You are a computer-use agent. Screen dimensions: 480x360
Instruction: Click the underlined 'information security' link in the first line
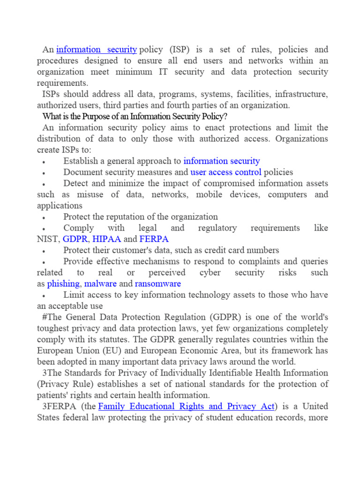coord(97,49)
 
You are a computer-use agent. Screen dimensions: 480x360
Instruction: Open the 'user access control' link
coord(226,172)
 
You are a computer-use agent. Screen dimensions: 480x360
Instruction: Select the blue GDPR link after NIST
coord(75,239)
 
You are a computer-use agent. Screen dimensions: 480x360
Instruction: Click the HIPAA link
coord(106,239)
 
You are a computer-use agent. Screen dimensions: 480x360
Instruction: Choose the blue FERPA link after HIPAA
coord(154,239)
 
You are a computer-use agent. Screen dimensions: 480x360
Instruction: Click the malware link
coord(100,284)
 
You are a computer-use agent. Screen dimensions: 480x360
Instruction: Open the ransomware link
coord(157,284)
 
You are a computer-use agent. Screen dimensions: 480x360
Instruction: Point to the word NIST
coord(48,239)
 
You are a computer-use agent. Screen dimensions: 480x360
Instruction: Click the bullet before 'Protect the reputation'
coord(43,217)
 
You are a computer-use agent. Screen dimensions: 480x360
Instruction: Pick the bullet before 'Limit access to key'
coord(43,296)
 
